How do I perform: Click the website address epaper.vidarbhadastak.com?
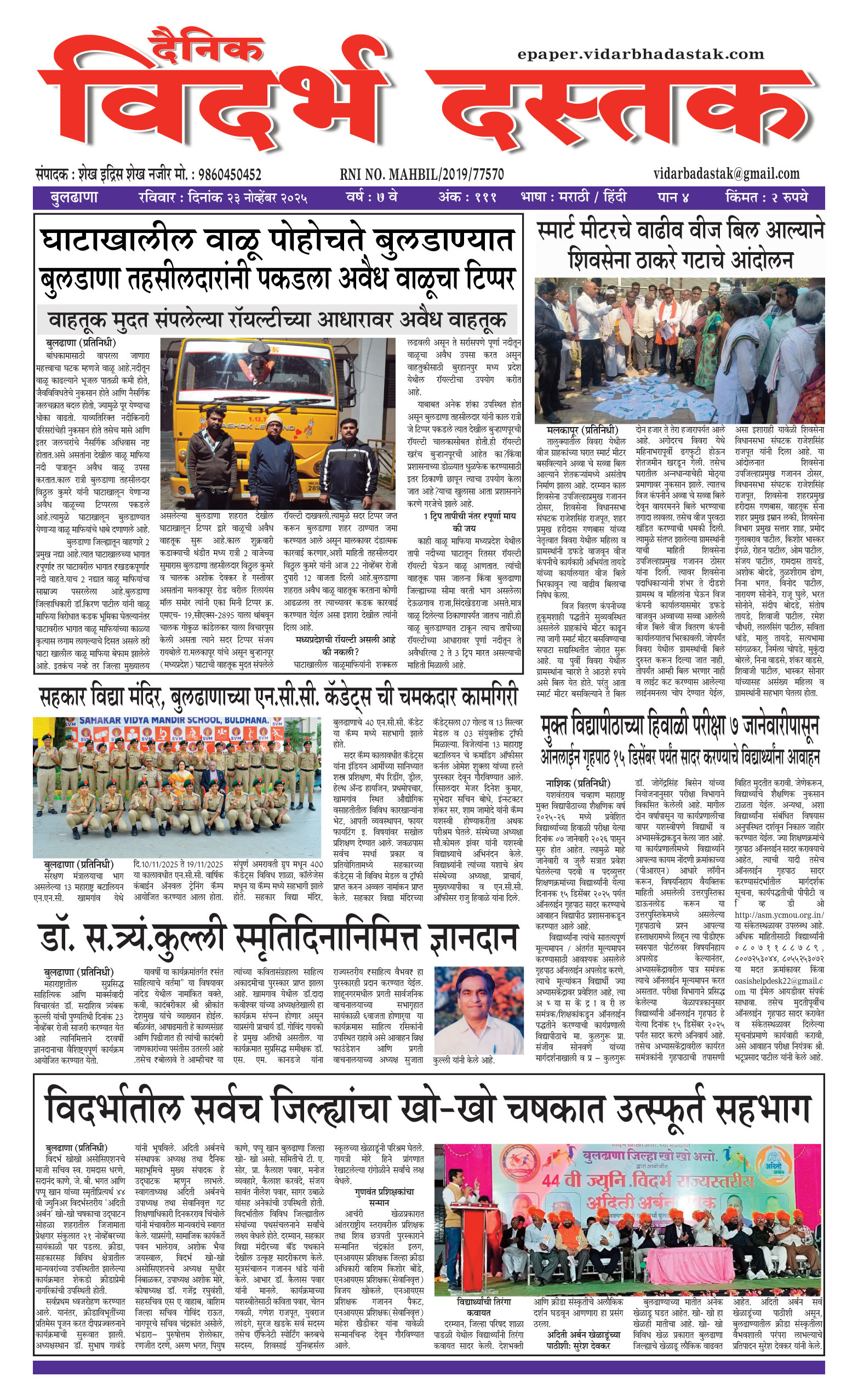pos(640,54)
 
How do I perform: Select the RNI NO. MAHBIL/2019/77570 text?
pos(422,174)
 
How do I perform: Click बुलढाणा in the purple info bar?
pos(75,197)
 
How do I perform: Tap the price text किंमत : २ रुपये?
pos(766,197)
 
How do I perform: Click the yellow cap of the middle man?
pos(274,420)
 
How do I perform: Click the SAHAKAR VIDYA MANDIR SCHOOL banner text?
pos(173,720)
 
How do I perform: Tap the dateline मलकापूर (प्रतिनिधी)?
pos(582,430)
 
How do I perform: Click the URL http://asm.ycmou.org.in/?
pos(779,914)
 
